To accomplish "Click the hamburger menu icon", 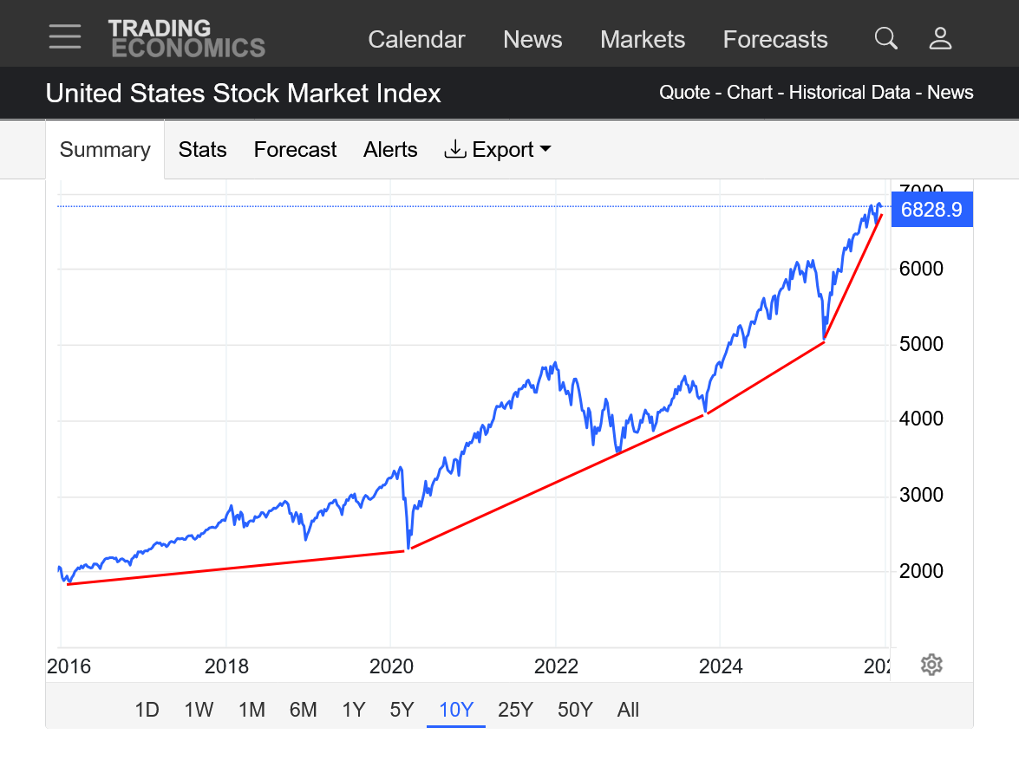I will [x=65, y=37].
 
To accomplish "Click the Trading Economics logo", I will [x=186, y=39].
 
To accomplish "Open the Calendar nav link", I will [x=416, y=40].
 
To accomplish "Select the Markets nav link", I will [x=643, y=40].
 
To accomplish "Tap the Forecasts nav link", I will [x=775, y=40].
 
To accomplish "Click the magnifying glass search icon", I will [x=885, y=39].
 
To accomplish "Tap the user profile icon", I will [x=940, y=39].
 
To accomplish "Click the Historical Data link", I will [x=849, y=93].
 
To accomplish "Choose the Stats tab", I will [x=202, y=150].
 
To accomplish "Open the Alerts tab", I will [x=390, y=150].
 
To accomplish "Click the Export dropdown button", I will [x=498, y=150].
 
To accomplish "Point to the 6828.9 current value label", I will [x=931, y=210].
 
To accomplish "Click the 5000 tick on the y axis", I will [x=921, y=344].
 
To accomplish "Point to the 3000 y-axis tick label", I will [x=921, y=496].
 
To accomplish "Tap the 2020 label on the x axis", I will [x=392, y=666].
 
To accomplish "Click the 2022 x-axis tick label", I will [x=556, y=666].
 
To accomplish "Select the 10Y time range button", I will [x=455, y=711].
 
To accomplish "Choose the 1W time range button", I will [x=199, y=711].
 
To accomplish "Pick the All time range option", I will [x=628, y=711].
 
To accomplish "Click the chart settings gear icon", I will [x=931, y=666].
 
